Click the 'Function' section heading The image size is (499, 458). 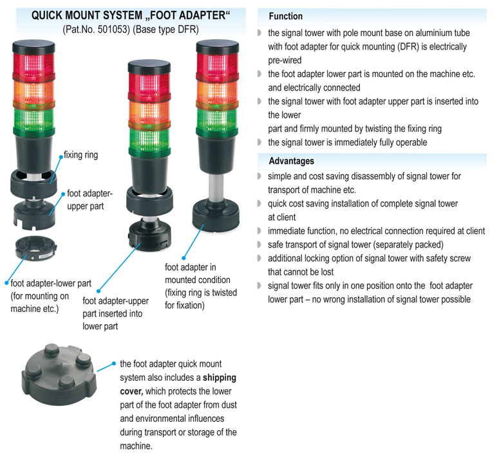[x=285, y=16]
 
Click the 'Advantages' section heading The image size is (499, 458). [x=291, y=160]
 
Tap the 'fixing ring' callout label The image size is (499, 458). [x=81, y=155]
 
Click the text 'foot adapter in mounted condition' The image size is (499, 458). [x=197, y=274]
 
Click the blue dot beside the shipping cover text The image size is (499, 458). [x=113, y=363]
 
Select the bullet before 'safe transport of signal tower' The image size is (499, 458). [x=259, y=244]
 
